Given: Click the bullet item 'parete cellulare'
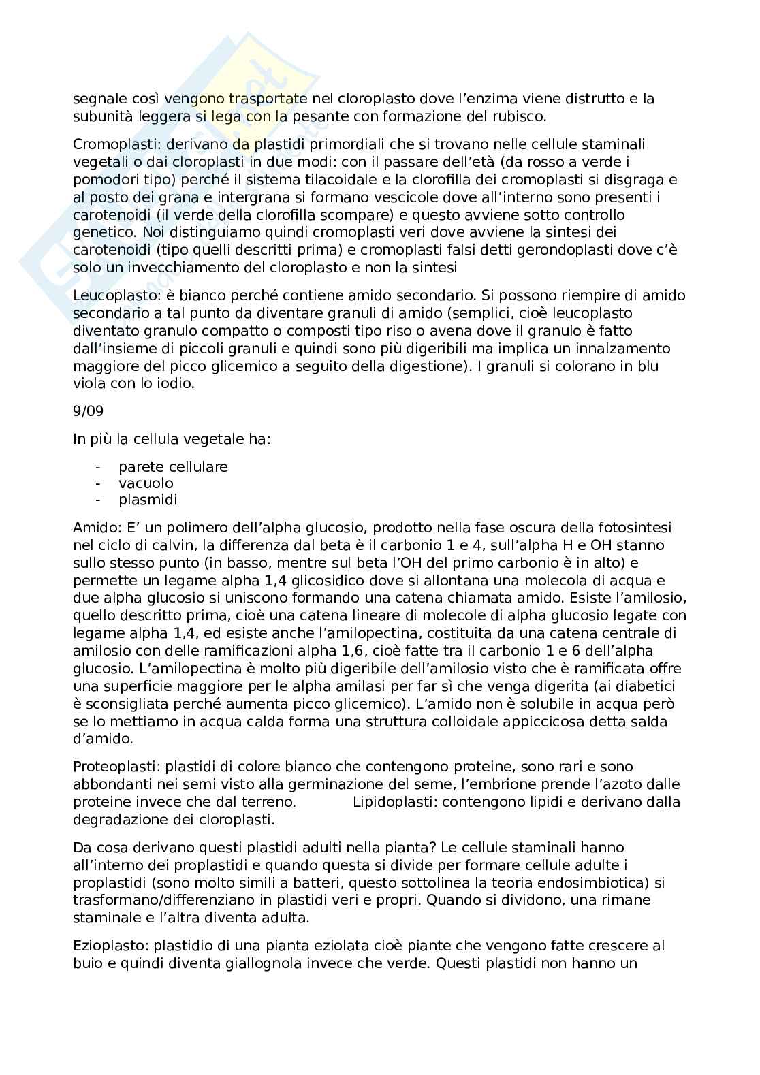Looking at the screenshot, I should (173, 467).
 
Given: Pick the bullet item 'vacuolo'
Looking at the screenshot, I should (146, 483).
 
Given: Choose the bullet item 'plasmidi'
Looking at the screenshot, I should (148, 500).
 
